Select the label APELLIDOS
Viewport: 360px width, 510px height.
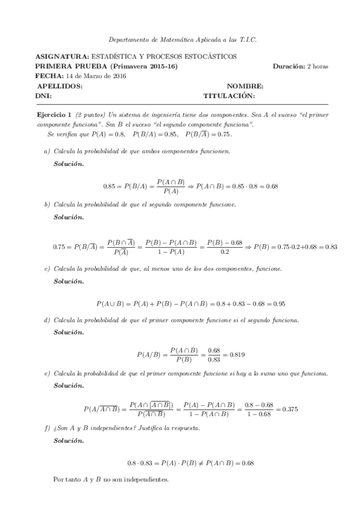[x=59, y=86]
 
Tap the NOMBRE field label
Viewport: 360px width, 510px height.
[x=245, y=86]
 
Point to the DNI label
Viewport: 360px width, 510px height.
[x=44, y=96]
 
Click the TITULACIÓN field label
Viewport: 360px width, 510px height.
[x=229, y=96]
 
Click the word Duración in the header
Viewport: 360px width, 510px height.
[x=287, y=66]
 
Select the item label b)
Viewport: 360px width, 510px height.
[x=47, y=204]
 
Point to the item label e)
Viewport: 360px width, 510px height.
[x=47, y=374]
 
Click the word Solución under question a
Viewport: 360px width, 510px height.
[x=69, y=163]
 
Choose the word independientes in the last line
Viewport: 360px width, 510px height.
[x=150, y=480]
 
